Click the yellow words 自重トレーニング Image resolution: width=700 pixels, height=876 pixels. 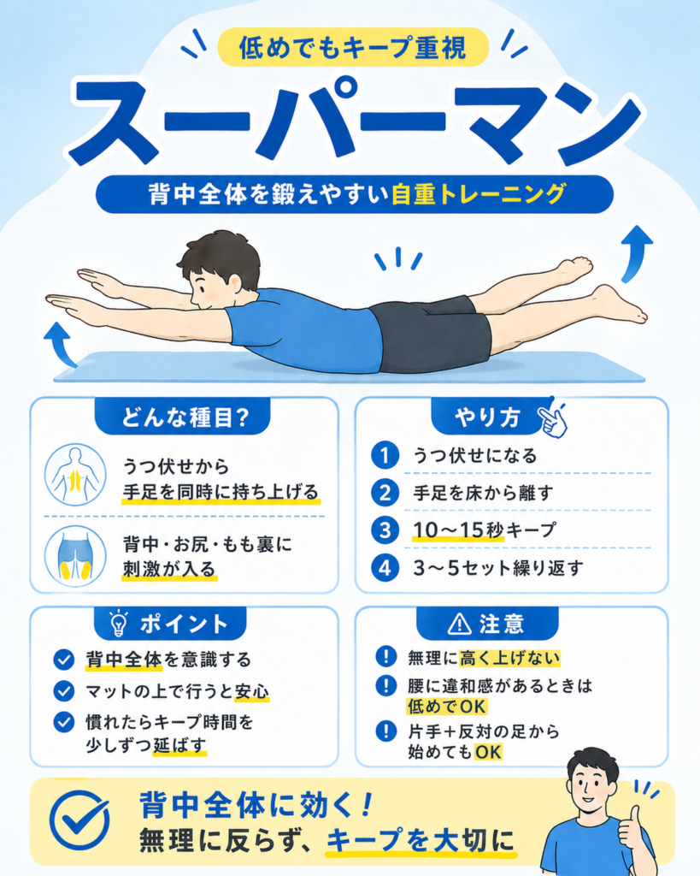pos(479,194)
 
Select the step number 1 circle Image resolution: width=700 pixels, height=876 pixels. pos(385,455)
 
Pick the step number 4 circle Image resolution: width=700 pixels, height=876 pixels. pos(385,568)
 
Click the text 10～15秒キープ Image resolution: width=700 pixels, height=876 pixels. pos(485,530)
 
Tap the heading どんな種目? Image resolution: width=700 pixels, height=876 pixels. pos(185,417)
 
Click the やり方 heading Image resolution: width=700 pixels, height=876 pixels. pos(487,417)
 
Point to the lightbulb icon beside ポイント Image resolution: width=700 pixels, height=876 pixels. pos(118,624)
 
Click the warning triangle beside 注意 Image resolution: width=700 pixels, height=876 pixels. pos(460,624)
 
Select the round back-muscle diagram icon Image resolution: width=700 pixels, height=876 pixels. pos(75,475)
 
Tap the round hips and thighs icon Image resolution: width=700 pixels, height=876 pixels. pos(75,556)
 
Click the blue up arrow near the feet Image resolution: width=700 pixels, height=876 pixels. pos(636,253)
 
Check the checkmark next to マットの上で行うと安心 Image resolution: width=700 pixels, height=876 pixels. pos(64,691)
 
